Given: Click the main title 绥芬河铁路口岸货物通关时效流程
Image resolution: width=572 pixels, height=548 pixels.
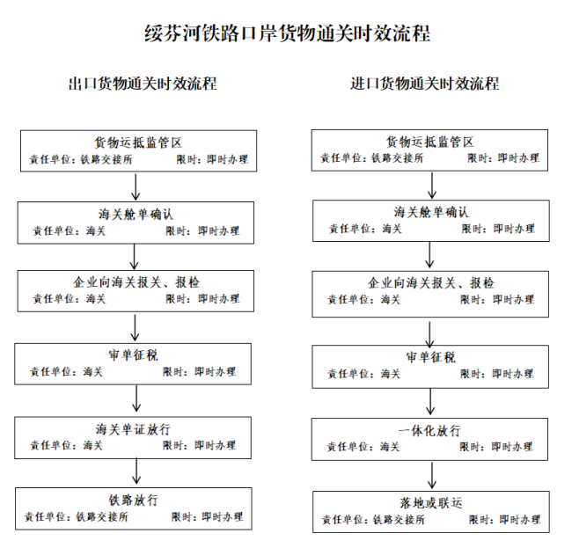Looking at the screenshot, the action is (288, 33).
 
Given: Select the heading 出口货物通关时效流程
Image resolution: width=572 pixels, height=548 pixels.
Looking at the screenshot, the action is (143, 84).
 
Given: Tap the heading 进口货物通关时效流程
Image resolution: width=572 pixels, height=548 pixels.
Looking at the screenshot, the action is (425, 84).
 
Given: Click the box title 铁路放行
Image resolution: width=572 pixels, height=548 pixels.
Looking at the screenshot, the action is (134, 501).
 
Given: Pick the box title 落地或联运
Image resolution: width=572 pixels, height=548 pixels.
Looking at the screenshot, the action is (431, 503).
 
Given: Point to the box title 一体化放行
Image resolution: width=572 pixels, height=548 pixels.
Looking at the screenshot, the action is (429, 431).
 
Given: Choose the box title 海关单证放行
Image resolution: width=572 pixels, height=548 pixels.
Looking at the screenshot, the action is (133, 429).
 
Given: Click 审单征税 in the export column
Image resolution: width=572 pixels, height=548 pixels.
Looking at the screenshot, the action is (134, 355).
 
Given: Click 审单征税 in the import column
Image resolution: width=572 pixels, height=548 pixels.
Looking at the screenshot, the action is (431, 357).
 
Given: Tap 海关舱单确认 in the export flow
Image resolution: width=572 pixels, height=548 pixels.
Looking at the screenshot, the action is (136, 215).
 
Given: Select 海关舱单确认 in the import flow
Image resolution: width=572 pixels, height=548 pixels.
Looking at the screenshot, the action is (431, 212).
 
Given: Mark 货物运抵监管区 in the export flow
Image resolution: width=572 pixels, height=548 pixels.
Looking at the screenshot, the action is (138, 142).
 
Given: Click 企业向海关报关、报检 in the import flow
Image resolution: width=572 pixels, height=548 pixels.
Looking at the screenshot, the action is (431, 283).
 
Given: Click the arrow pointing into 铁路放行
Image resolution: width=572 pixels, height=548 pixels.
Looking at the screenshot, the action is (136, 471).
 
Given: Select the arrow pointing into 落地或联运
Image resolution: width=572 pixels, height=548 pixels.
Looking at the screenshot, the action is (432, 476).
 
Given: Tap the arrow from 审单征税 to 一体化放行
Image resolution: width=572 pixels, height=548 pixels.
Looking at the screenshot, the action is (430, 401).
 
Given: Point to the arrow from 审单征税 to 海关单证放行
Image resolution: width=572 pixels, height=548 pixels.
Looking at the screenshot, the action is (136, 398).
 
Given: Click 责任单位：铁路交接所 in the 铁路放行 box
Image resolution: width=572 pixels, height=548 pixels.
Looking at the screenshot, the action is (77, 516).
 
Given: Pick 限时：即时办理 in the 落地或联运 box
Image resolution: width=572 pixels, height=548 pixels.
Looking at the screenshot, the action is (504, 520).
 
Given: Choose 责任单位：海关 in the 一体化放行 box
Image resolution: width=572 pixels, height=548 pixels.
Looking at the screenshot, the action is (363, 447).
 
